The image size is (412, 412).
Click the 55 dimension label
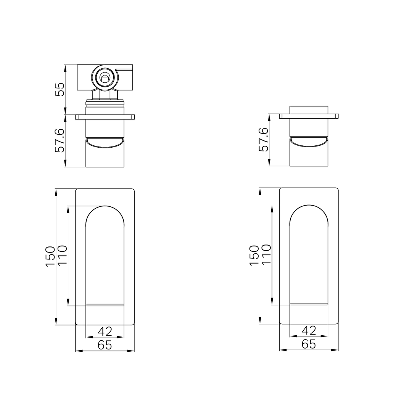[60, 89]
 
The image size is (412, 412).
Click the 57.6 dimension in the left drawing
[60, 140]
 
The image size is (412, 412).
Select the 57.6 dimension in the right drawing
[264, 140]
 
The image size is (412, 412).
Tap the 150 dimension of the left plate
[51, 257]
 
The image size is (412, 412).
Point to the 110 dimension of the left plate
[62, 256]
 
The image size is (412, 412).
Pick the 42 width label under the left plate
[105, 331]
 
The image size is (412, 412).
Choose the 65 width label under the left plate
[105, 345]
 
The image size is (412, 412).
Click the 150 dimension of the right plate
[254, 256]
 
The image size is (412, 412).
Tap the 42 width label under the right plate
[309, 330]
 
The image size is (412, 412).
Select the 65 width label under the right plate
[309, 344]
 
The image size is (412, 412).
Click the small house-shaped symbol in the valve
[105, 78]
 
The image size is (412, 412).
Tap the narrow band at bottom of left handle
[105, 305]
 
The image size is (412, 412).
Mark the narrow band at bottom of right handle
[309, 304]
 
